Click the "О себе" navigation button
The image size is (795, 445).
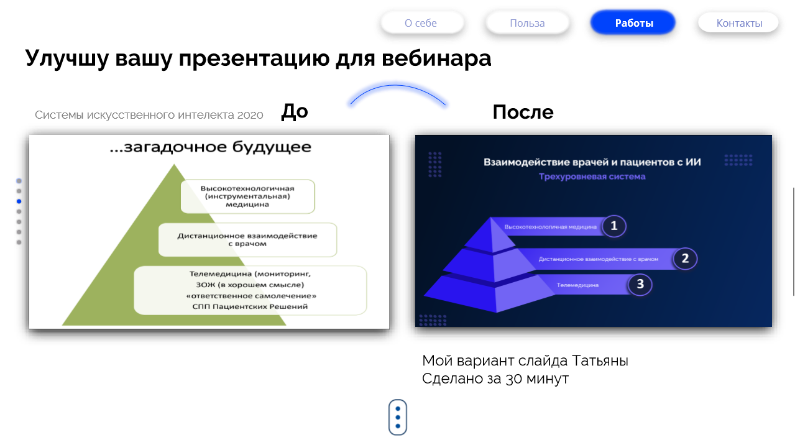[422, 23]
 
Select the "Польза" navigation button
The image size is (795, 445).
[527, 23]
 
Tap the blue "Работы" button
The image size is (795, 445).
[633, 23]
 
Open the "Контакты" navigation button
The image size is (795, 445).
[738, 23]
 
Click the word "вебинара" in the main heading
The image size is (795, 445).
[436, 58]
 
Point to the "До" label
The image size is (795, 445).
[294, 112]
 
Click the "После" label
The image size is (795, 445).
[523, 112]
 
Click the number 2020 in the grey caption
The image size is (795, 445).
[250, 115]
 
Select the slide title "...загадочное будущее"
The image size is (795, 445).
[211, 147]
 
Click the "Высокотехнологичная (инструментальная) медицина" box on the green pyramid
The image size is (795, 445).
[248, 196]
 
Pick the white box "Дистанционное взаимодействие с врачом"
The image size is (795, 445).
[247, 240]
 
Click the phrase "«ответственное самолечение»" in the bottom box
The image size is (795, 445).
[251, 296]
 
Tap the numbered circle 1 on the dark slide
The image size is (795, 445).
[614, 226]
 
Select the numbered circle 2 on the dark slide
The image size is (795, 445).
[685, 259]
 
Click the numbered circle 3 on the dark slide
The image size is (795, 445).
[640, 284]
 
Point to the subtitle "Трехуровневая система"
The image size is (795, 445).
[592, 177]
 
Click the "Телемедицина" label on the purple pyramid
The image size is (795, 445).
[577, 285]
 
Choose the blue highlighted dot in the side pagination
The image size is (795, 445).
[19, 201]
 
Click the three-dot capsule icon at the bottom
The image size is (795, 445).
[398, 417]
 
